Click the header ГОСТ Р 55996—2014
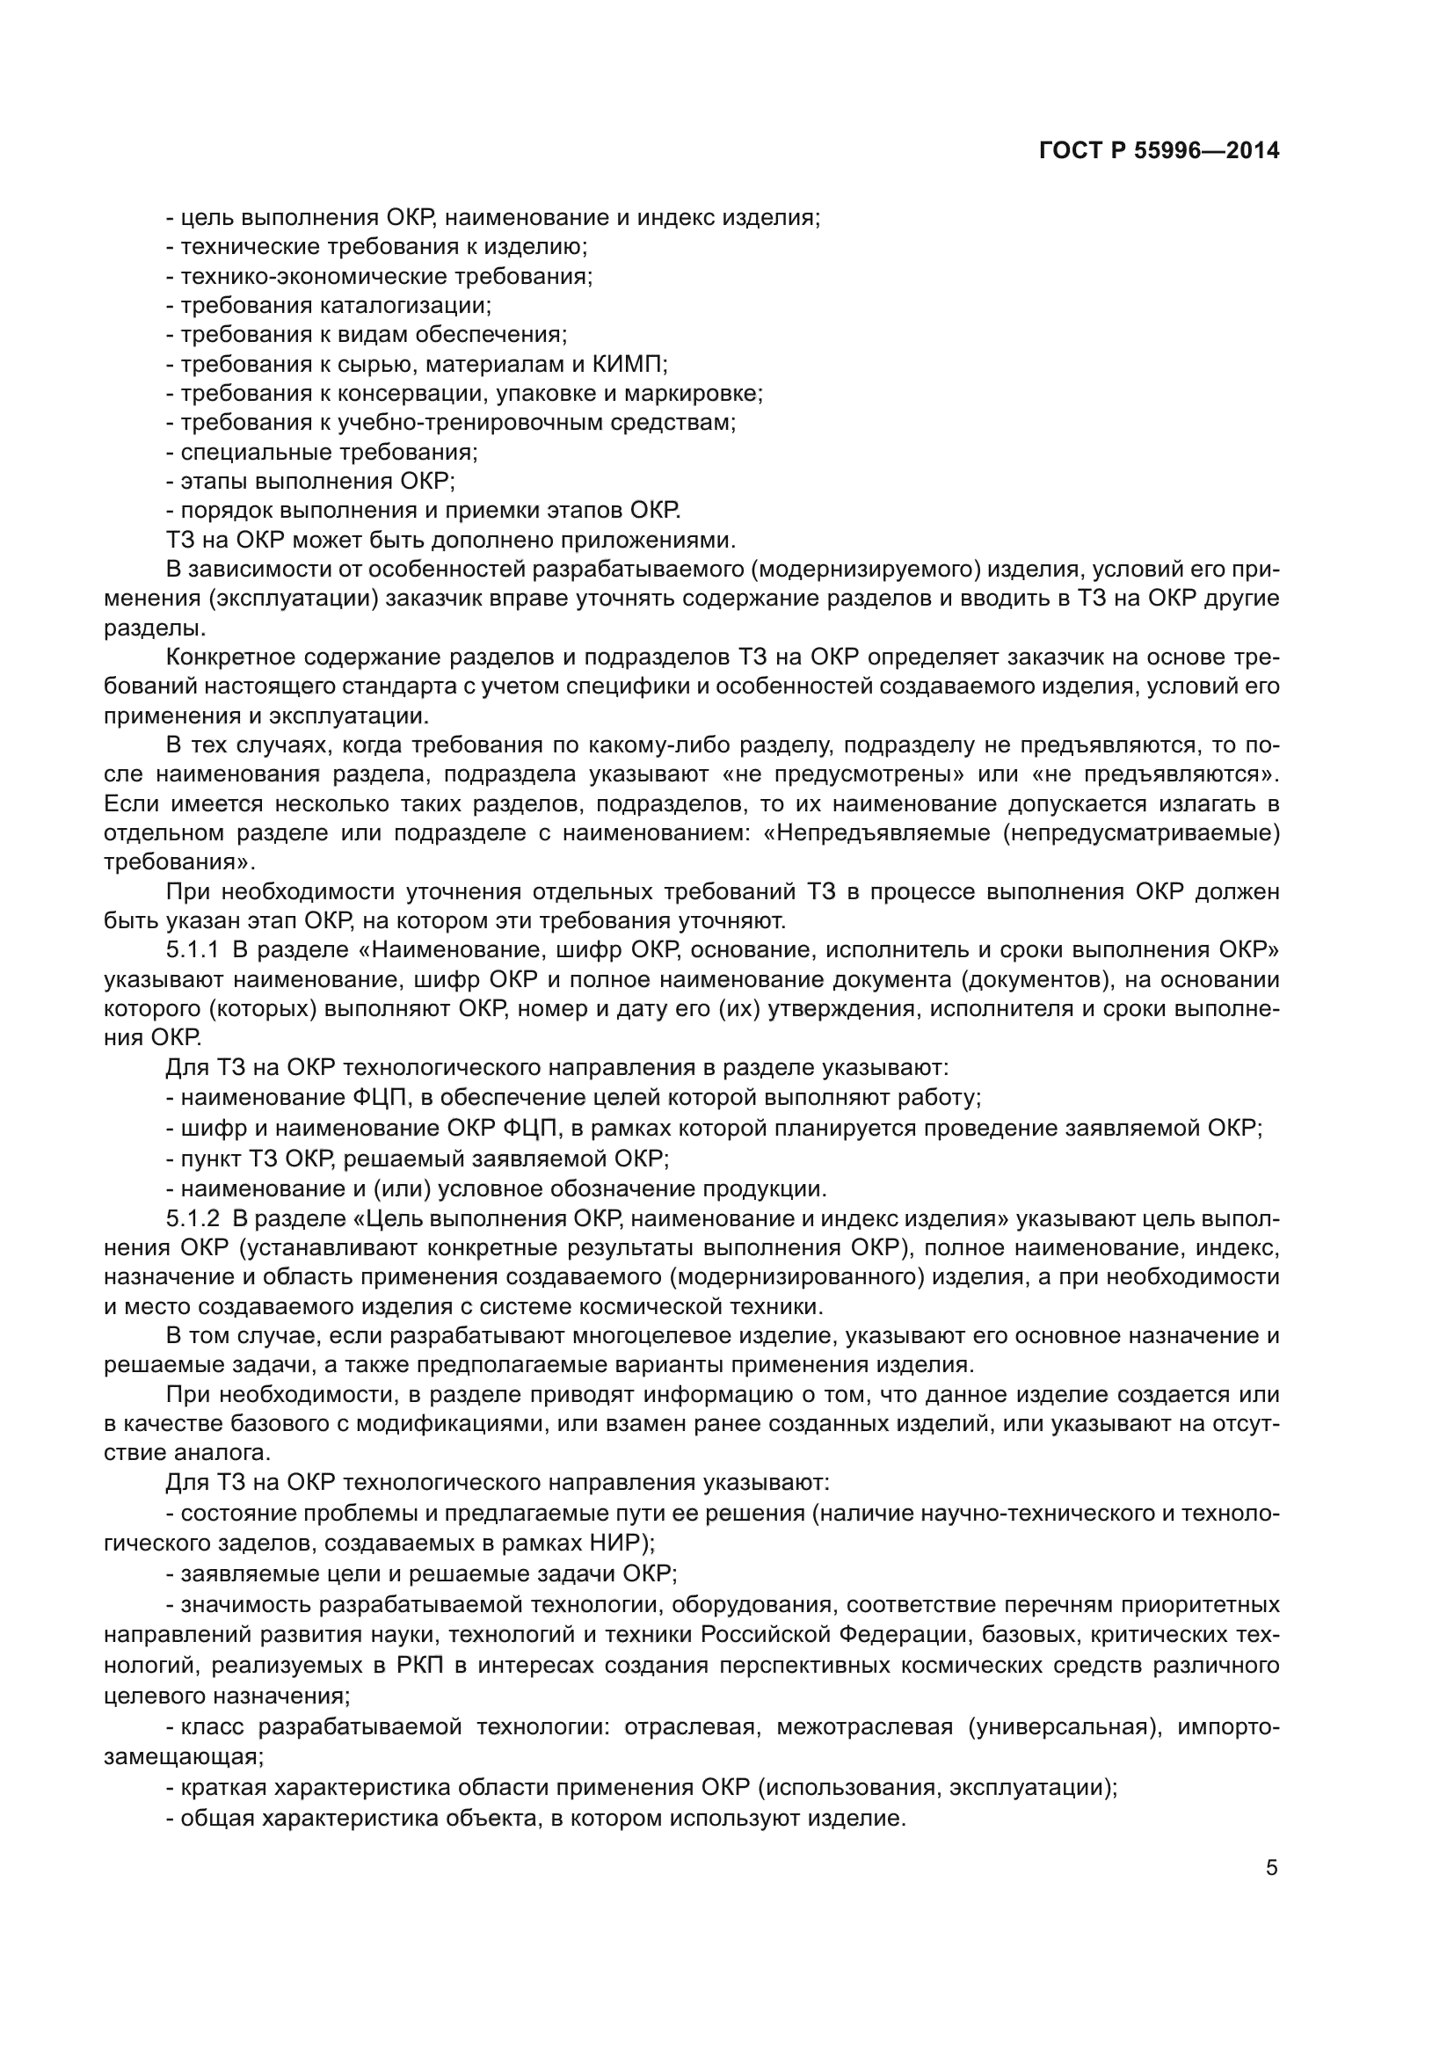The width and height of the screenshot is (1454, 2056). (1159, 150)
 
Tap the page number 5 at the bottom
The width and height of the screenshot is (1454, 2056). (1271, 1869)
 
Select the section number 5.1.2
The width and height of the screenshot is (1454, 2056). (192, 1218)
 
